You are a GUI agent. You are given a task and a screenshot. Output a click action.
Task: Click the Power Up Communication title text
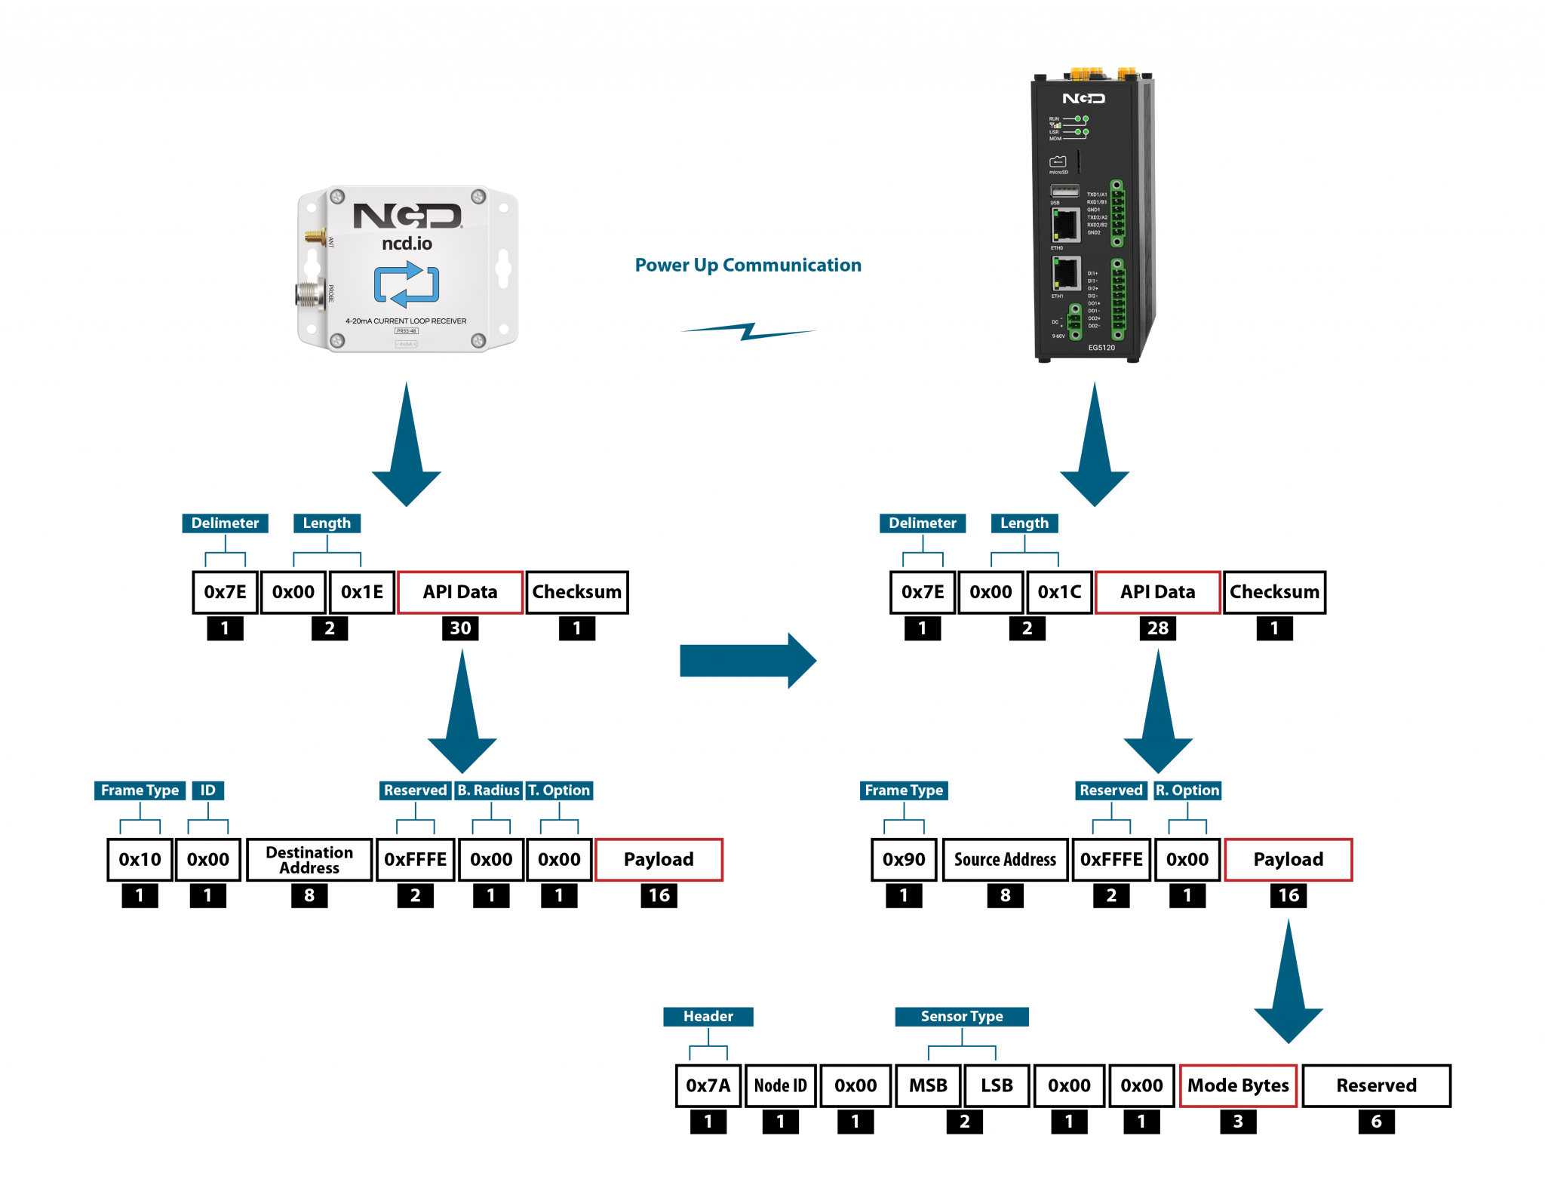pos(748,265)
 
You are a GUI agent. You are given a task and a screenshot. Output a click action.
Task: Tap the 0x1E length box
pos(361,592)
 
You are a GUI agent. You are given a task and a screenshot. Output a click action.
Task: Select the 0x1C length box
pos(1058,592)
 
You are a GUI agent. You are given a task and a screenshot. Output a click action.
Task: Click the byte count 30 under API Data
pos(460,628)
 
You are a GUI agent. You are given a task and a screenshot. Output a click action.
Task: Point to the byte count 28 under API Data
pos(1157,628)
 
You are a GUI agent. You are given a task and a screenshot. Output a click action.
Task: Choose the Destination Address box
pos(309,860)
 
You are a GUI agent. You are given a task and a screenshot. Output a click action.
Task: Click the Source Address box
pos(1005,860)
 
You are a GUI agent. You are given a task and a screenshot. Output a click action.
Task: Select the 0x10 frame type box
pos(140,860)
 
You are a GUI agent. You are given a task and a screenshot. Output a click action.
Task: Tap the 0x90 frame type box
pos(904,860)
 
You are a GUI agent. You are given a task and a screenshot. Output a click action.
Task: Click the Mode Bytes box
pos(1238,1086)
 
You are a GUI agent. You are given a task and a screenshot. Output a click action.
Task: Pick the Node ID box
pos(780,1086)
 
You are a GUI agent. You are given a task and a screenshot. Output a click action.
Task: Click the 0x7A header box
pos(708,1086)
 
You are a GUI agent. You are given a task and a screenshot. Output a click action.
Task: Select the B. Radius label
pos(488,790)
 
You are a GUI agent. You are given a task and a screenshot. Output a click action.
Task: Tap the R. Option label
pos(1187,790)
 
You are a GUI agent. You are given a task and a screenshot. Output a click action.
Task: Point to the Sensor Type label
pos(962,1017)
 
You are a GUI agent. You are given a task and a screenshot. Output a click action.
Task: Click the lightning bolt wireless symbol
pos(748,331)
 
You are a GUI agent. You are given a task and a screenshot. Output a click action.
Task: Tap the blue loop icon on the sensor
pos(407,284)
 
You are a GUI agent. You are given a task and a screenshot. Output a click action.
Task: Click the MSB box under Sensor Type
pos(928,1086)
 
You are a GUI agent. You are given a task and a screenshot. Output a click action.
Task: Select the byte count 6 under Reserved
pos(1376,1122)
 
